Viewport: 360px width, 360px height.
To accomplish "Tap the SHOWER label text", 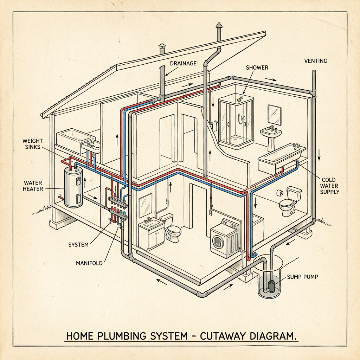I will point(257,67).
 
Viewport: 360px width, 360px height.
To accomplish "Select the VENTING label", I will point(315,61).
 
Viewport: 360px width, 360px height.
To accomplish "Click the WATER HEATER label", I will point(33,186).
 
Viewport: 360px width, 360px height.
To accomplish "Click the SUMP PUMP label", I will point(302,277).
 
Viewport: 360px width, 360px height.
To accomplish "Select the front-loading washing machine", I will point(224,238).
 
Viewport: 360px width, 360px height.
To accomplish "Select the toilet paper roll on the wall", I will point(280,193).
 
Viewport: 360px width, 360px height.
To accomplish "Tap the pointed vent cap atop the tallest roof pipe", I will point(219,25).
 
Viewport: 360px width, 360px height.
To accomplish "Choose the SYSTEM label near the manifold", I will point(78,244).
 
